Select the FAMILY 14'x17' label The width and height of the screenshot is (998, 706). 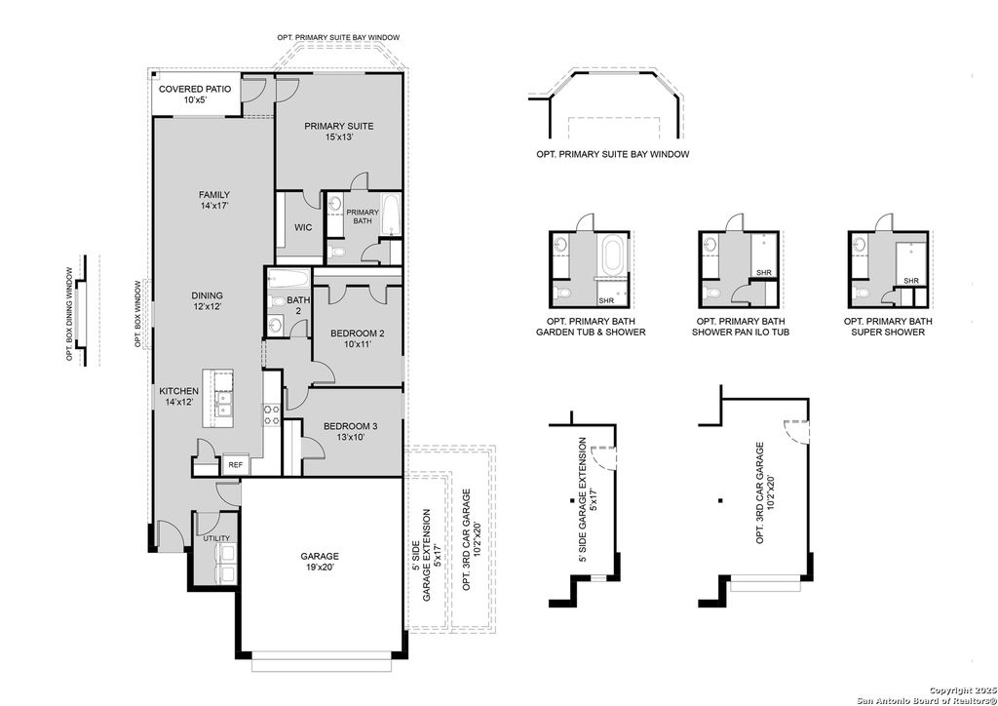213,200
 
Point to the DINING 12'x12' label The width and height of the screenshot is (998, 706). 207,300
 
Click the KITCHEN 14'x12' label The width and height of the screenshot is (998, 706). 179,396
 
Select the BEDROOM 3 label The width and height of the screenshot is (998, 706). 350,431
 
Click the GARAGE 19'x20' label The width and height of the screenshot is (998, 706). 320,562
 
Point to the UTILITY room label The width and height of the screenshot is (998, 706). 216,538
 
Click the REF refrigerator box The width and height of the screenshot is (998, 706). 235,465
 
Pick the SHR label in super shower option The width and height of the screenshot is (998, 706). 911,281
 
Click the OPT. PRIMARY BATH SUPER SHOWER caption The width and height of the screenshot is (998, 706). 887,327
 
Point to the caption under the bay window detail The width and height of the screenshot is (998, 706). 612,154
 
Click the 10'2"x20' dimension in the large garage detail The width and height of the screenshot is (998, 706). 771,493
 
